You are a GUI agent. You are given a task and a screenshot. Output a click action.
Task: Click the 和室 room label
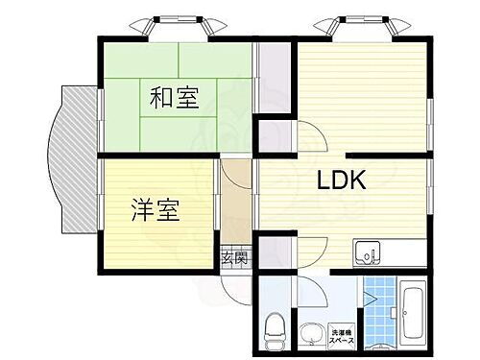174,98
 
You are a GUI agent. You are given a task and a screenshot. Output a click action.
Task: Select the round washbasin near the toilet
309,332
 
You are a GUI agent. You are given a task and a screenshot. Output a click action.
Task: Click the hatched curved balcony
72,158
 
